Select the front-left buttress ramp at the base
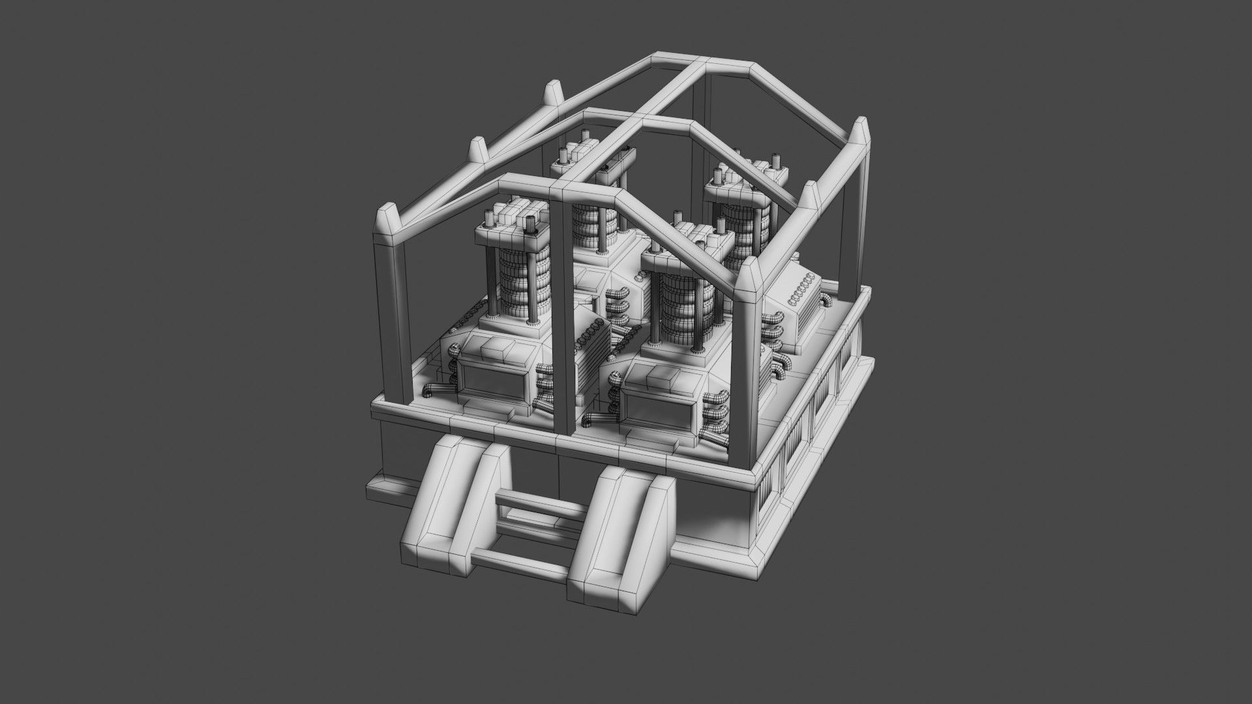coord(450,502)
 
